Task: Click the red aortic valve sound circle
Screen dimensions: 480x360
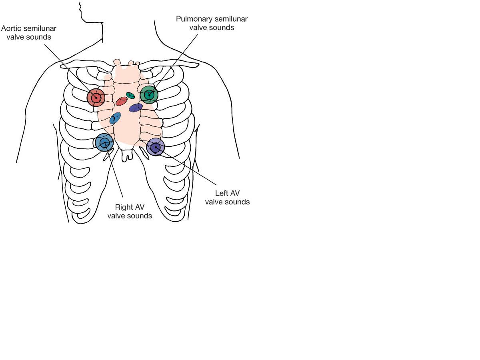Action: click(96, 97)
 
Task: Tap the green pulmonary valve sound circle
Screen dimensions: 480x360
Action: click(149, 95)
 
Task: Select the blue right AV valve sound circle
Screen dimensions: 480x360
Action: click(104, 142)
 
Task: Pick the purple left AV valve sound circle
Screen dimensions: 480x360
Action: click(156, 147)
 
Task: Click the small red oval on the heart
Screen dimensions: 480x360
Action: click(122, 101)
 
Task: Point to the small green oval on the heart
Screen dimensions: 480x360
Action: click(130, 95)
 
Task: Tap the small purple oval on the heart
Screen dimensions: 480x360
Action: click(136, 108)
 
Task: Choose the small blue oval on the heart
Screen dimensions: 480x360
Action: click(115, 118)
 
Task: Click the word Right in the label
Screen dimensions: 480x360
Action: click(124, 207)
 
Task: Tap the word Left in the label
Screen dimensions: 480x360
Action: click(221, 194)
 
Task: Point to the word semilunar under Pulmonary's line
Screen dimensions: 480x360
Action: click(231, 19)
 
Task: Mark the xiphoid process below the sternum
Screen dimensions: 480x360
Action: click(127, 155)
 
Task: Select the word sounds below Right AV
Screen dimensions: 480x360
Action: click(140, 216)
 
